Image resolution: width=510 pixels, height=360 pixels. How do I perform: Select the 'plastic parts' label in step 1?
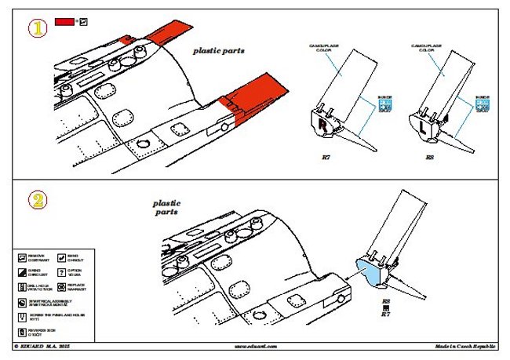[219, 51]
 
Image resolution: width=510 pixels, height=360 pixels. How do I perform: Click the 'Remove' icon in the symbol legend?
[22, 257]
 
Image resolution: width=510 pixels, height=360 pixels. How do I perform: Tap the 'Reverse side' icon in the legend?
[22, 329]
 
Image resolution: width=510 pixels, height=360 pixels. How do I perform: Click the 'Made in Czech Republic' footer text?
[466, 346]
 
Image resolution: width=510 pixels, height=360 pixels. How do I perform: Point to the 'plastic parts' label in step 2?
[166, 207]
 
